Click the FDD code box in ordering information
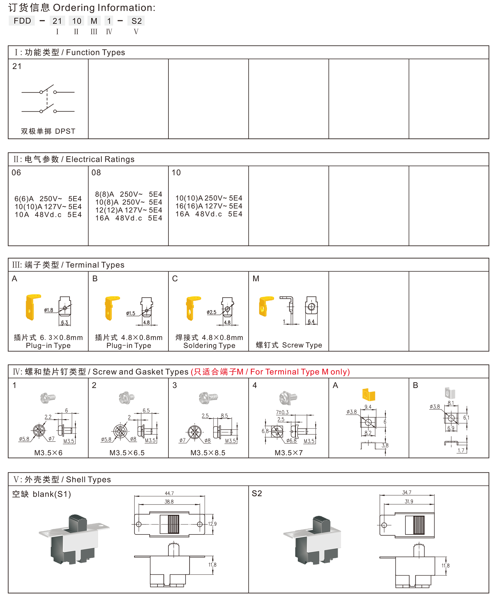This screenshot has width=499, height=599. (22, 21)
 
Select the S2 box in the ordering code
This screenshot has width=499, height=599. (136, 21)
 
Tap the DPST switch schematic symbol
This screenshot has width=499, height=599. (48, 99)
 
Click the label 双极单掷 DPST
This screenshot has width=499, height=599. (48, 131)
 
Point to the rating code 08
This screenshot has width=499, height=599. (96, 173)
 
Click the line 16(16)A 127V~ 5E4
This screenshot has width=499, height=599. (209, 206)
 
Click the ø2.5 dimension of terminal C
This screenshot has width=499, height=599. (211, 312)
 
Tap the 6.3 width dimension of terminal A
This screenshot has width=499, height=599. (65, 323)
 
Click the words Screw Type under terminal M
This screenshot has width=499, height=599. (302, 345)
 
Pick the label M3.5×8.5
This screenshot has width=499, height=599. (208, 453)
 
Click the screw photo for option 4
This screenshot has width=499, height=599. (288, 398)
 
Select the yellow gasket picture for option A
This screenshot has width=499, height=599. (369, 394)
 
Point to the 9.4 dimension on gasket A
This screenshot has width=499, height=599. (368, 407)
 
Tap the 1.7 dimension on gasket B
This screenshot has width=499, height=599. (461, 450)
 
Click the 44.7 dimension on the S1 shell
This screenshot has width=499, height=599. (169, 493)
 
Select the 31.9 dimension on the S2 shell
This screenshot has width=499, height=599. (409, 501)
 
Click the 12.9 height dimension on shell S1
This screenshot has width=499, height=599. (212, 524)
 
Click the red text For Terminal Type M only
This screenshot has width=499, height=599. (300, 372)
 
